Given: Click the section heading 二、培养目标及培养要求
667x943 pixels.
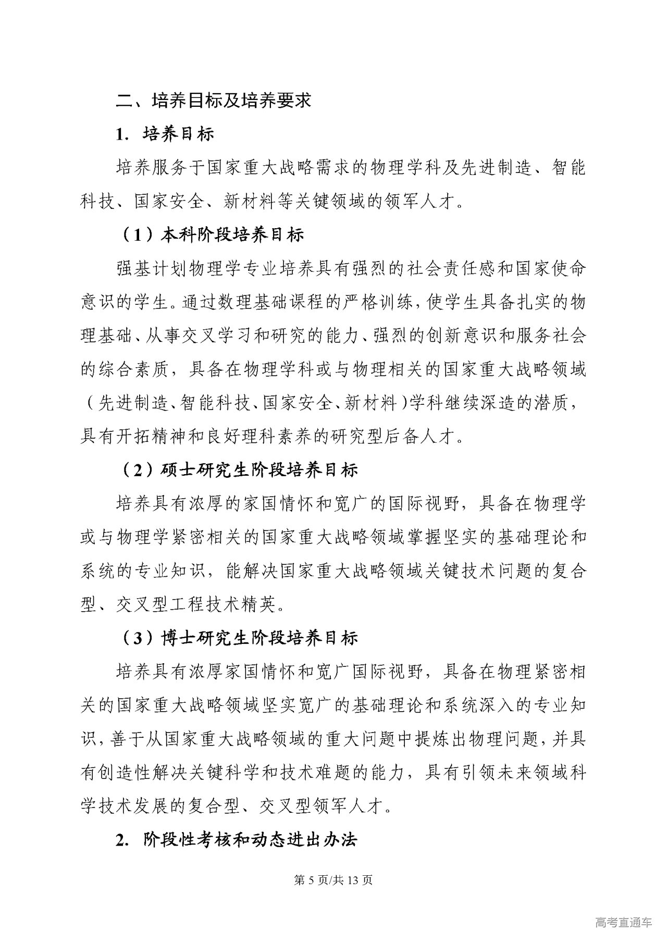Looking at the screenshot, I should (x=213, y=100).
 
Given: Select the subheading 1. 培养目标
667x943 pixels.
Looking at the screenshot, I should (x=165, y=134).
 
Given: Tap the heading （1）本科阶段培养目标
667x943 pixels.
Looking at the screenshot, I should (x=212, y=235).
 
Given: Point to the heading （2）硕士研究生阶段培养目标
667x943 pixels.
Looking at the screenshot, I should (x=240, y=470).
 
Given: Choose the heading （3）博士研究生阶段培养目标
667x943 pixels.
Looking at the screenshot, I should (x=240, y=637).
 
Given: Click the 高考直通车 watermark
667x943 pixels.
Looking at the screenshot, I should (x=623, y=922).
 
